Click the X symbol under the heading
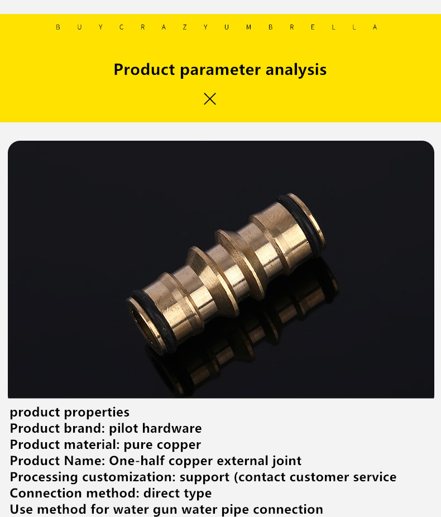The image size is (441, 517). click(x=210, y=99)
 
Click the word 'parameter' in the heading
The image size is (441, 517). click(x=220, y=70)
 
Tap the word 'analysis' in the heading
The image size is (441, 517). click(x=296, y=70)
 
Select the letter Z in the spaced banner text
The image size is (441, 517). click(x=185, y=27)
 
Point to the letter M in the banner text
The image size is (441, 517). click(x=248, y=27)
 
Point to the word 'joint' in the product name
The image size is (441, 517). click(x=287, y=461)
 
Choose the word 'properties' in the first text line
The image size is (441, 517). click(x=97, y=413)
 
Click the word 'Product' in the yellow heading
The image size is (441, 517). click(x=144, y=70)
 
